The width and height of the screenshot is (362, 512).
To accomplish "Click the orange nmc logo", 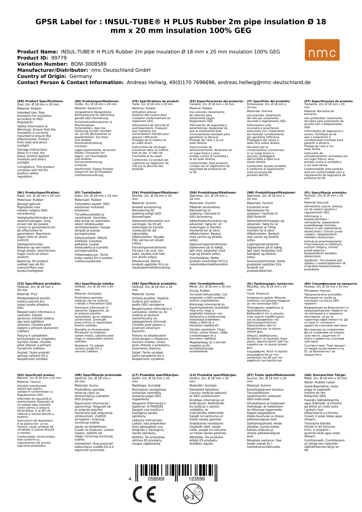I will pyautogui.click(x=322, y=50).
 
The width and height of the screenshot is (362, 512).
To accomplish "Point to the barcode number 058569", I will pyautogui.click(x=156, y=479).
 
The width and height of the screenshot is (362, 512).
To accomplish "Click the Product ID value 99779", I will pyautogui.click(x=59, y=58).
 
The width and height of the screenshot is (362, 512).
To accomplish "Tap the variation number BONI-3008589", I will pyautogui.click(x=89, y=64).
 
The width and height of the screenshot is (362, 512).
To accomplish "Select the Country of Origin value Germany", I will pyautogui.click(x=81, y=76).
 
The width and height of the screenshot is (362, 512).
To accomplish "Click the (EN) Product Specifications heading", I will pyautogui.click(x=40, y=101).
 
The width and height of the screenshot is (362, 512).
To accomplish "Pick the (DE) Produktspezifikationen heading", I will pyautogui.click(x=97, y=101).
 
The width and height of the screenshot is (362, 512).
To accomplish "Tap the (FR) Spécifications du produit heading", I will pyautogui.click(x=155, y=101).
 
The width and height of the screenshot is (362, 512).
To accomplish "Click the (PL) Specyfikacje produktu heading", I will pyautogui.click(x=326, y=193).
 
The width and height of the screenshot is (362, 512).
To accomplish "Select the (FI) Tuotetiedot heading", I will pyautogui.click(x=88, y=193).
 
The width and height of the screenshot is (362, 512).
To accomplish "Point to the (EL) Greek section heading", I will pyautogui.click(x=270, y=283).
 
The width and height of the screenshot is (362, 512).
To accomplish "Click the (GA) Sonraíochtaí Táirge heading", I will pyautogui.click(x=325, y=375).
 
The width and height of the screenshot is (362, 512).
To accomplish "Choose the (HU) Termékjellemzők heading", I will pyautogui.click(x=207, y=283).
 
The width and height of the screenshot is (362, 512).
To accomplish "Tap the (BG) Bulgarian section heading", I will pyautogui.click(x=331, y=283).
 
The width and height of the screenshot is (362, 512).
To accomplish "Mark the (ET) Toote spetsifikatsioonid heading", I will pyautogui.click(x=271, y=375).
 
